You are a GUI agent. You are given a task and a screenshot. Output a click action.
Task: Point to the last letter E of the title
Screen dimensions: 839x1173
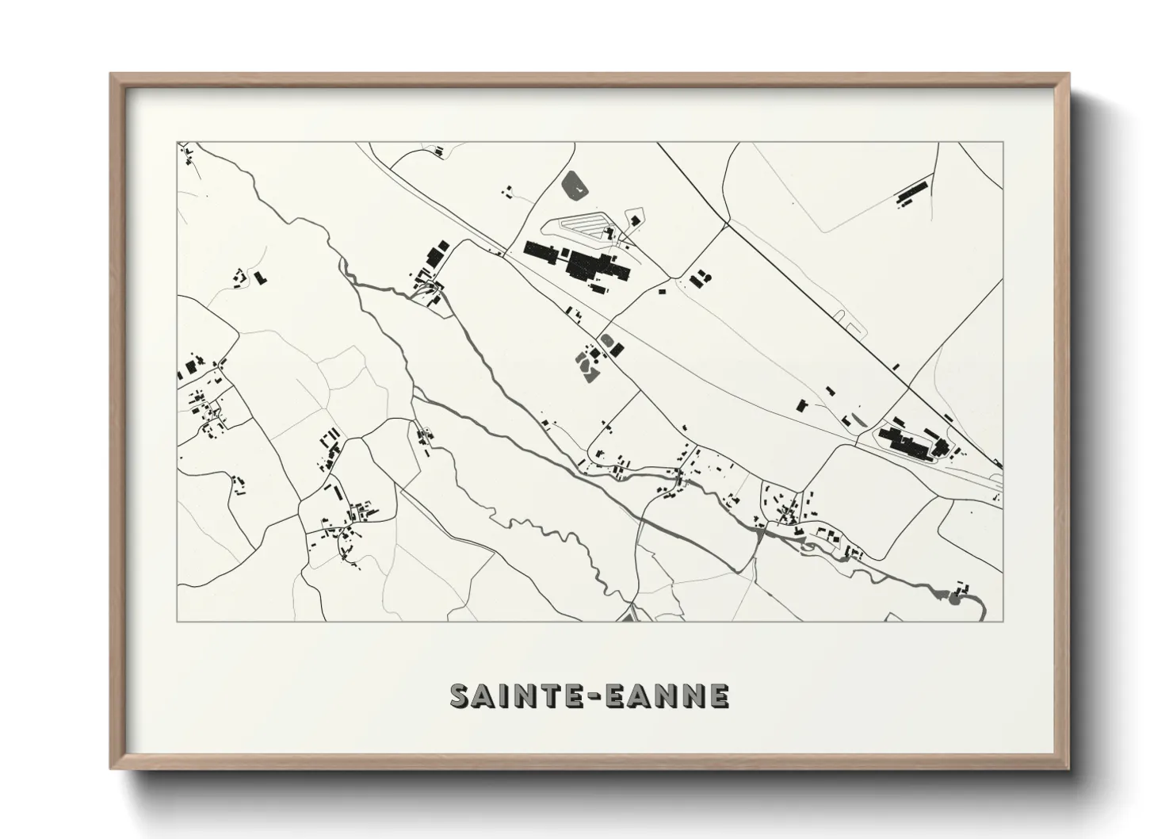(719, 695)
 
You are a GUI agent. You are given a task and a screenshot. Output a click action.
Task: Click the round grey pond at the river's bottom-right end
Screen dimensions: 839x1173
(953, 596)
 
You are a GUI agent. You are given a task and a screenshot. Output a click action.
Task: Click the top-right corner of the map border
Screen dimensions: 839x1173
(1003, 142)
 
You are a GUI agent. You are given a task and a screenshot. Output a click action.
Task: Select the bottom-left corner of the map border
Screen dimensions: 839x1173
(178, 621)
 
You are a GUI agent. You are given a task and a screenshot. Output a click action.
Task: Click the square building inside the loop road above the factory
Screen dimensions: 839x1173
(609, 232)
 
